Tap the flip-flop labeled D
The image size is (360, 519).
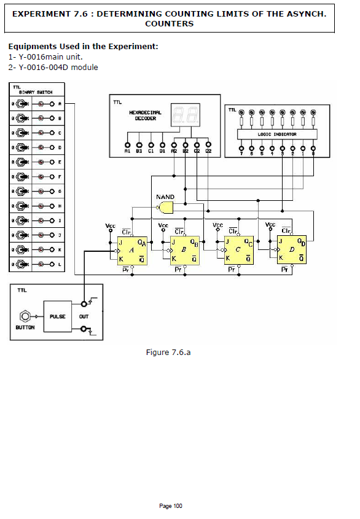click(292, 250)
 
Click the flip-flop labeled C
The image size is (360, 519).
click(239, 250)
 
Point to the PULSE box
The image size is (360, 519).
click(58, 316)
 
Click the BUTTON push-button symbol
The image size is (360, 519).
click(25, 316)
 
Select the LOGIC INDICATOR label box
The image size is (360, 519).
click(277, 134)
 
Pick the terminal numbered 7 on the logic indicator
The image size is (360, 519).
click(241, 147)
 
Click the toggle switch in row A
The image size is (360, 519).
click(20, 104)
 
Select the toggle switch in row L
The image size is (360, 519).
click(20, 264)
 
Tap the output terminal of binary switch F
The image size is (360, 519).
click(52, 177)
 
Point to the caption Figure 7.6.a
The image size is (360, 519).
click(168, 352)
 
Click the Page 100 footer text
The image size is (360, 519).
click(171, 506)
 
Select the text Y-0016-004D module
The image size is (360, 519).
click(53, 67)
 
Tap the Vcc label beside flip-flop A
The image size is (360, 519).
click(111, 226)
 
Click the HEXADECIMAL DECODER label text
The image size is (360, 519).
click(146, 115)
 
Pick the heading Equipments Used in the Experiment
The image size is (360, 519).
click(83, 46)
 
